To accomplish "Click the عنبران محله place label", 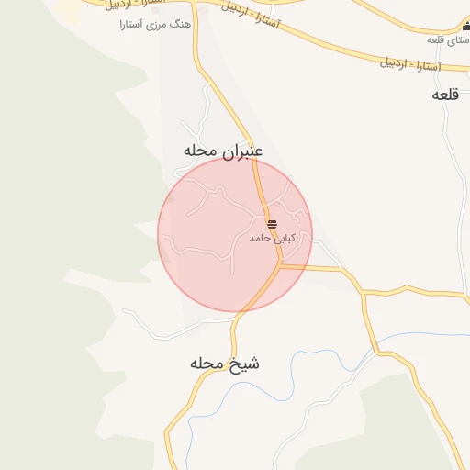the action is tap(223, 151).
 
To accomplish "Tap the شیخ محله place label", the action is tap(225, 364).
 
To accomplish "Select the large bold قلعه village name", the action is tap(445, 95).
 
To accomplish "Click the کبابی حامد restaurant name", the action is tap(272, 239).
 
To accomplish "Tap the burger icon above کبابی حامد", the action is tap(272, 224).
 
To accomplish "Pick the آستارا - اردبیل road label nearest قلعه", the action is tap(410, 65).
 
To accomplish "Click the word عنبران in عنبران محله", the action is tap(242, 151).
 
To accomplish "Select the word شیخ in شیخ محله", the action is tap(245, 364).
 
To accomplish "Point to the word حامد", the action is tap(262, 239).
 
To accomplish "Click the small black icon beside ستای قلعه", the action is tap(466, 27).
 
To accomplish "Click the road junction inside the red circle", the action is tap(279, 266).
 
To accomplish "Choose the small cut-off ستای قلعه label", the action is tap(447, 40).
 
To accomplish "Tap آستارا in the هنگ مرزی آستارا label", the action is tap(133, 25).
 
